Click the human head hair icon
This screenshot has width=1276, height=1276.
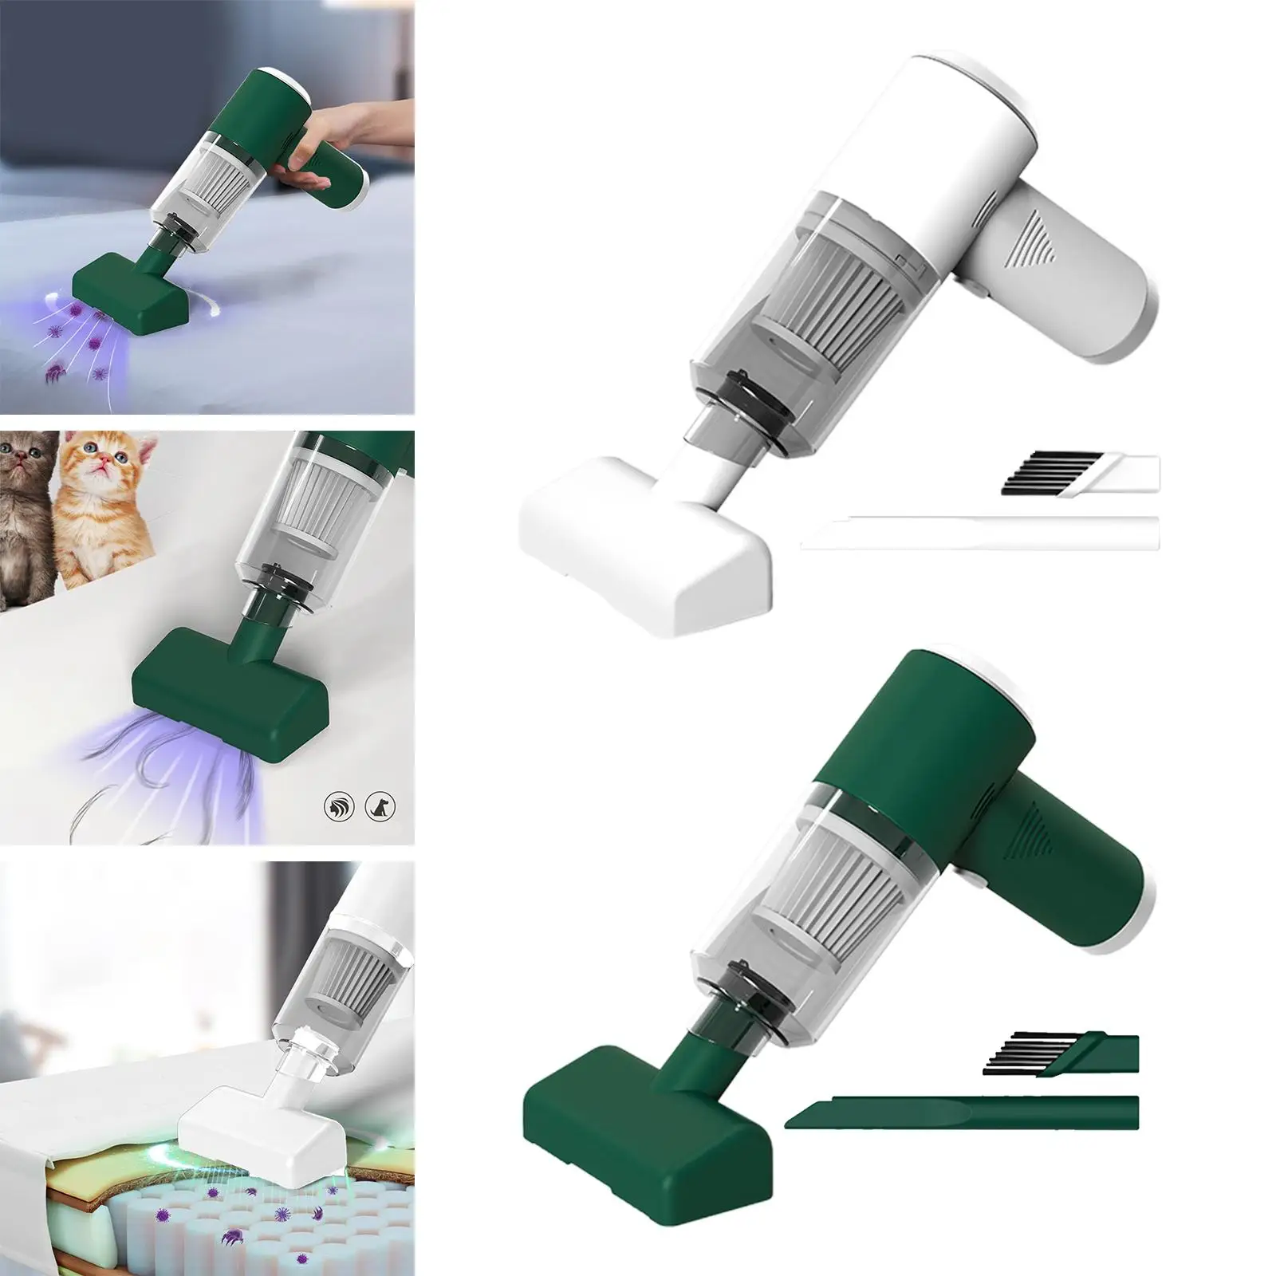(x=337, y=807)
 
